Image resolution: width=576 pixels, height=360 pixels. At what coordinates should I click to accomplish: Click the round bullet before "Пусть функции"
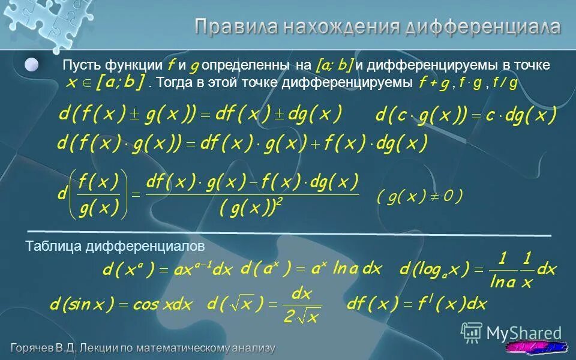tap(32, 64)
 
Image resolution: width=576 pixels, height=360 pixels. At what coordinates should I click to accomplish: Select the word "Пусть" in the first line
tap(80, 65)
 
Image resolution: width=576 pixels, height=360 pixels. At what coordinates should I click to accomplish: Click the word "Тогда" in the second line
tap(175, 82)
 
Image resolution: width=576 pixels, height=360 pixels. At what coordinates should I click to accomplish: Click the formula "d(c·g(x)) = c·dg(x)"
tap(466, 115)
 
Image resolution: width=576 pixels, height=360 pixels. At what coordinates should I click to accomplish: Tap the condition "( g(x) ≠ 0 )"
tap(420, 197)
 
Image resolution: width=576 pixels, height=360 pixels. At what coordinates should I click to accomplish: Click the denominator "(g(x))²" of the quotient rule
tap(251, 208)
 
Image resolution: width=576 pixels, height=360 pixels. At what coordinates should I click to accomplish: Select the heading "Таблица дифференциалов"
tap(115, 247)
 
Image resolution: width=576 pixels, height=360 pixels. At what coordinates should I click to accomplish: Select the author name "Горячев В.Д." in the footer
tap(50, 348)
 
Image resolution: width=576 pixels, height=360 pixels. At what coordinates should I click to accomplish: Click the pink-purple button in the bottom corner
tap(536, 347)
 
